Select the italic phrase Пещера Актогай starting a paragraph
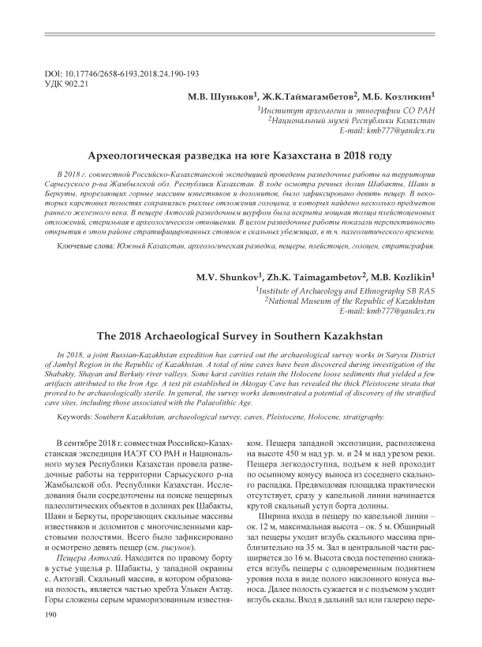point(80,537)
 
